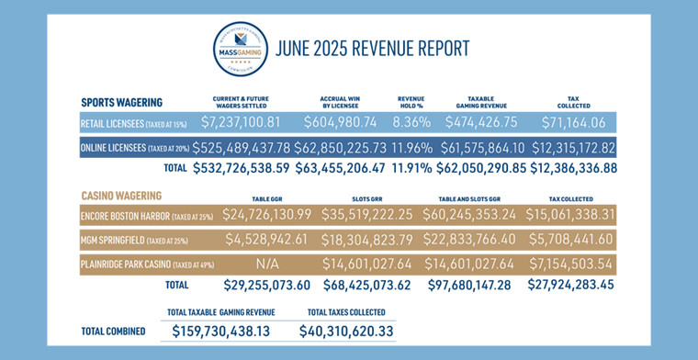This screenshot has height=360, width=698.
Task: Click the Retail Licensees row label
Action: click(133, 123)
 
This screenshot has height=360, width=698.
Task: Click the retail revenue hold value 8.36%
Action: click(409, 122)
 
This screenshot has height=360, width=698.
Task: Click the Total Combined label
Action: click(114, 331)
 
